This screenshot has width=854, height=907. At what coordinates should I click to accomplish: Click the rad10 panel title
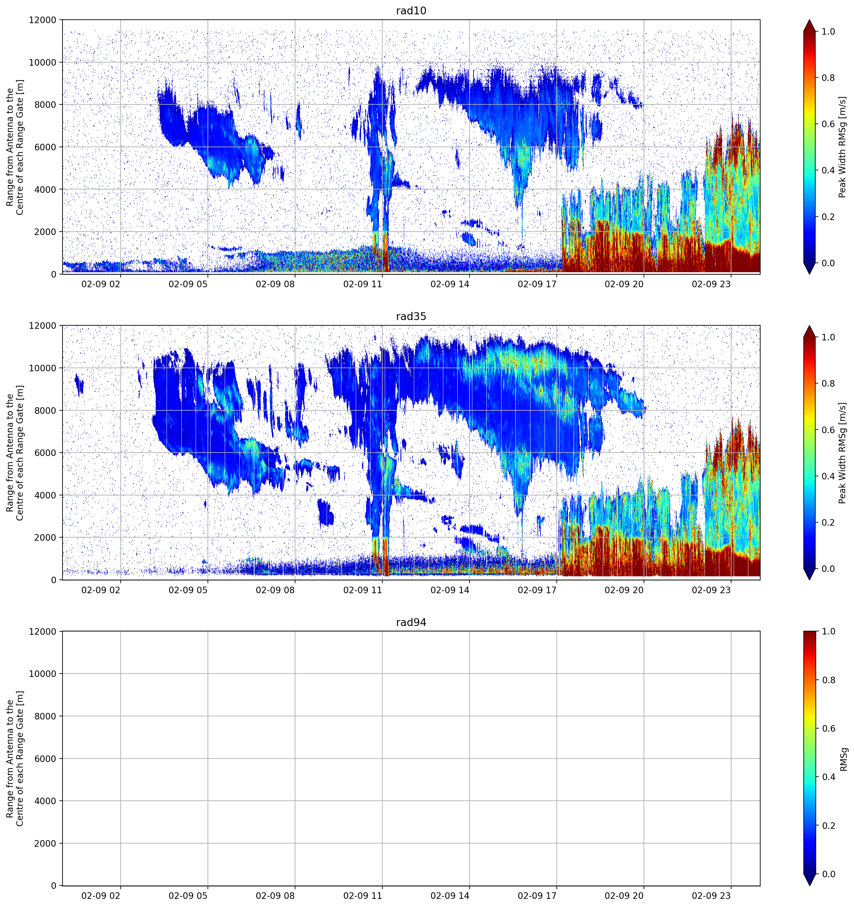(x=411, y=11)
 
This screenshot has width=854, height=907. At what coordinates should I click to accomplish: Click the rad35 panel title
(x=411, y=317)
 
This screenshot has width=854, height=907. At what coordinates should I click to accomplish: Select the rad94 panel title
(x=411, y=622)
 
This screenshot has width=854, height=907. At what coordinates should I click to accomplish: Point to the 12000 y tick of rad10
(x=43, y=20)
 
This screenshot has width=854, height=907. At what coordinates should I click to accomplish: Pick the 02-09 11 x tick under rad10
(x=362, y=284)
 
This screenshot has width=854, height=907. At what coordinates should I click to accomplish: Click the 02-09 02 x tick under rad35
(x=101, y=590)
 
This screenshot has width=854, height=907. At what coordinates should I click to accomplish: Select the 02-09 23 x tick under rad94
(x=711, y=896)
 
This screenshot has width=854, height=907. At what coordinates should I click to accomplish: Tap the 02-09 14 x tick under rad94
(x=450, y=896)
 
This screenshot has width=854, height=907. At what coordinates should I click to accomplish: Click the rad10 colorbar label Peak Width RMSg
(x=842, y=147)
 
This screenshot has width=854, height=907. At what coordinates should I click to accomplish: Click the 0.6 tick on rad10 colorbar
(x=828, y=124)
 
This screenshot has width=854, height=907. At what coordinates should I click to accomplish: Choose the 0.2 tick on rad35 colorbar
(x=828, y=522)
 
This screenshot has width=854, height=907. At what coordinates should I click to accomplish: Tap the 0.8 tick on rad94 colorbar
(x=828, y=680)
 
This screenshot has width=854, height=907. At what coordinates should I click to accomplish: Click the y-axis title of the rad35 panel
(x=15, y=453)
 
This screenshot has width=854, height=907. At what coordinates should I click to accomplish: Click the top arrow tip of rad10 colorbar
(x=809, y=20)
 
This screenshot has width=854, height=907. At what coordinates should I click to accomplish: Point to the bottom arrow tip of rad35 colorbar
(x=809, y=580)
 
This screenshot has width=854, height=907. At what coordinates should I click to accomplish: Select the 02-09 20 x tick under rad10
(x=624, y=284)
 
